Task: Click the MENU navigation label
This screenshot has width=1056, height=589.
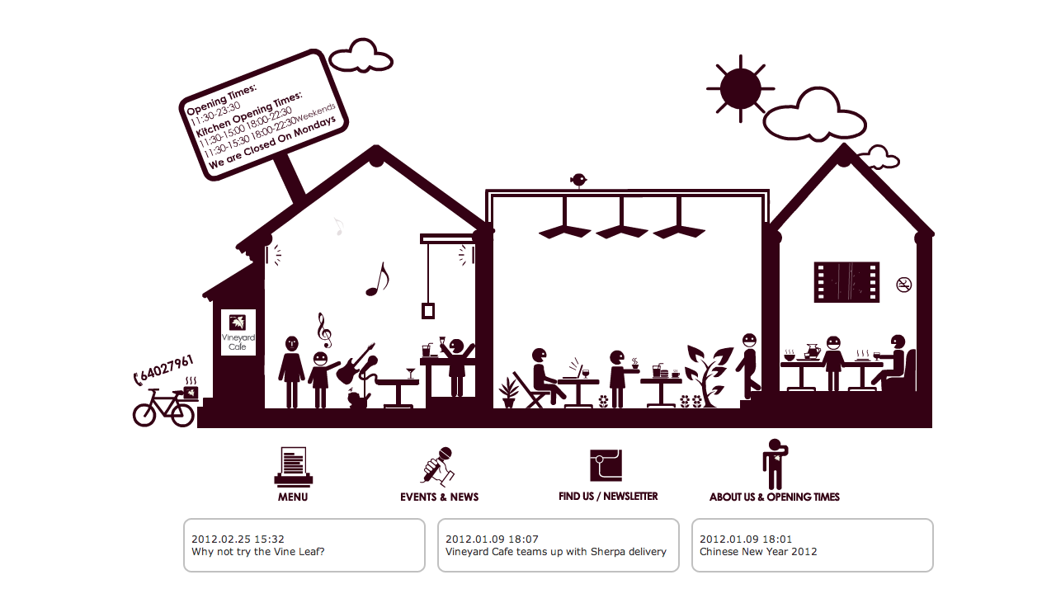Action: (x=293, y=497)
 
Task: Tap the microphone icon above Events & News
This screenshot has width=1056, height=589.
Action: (x=438, y=466)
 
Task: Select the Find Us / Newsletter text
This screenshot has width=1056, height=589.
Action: (x=608, y=496)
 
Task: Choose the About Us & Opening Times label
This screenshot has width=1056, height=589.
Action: (x=775, y=497)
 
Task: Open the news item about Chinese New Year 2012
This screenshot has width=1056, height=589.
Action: (x=758, y=551)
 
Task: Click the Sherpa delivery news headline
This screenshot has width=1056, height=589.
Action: (x=556, y=551)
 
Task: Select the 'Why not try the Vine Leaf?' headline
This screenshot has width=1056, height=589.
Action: (x=258, y=551)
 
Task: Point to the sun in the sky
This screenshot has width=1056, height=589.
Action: (x=740, y=88)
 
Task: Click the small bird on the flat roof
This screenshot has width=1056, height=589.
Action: (x=578, y=180)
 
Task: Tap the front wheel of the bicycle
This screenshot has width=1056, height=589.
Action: (x=144, y=415)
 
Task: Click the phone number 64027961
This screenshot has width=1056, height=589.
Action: (x=167, y=369)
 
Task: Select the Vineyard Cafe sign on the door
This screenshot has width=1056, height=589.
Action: (x=238, y=332)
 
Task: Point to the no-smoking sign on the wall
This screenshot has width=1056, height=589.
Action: (x=903, y=285)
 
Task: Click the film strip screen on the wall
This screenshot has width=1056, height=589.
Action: (x=846, y=282)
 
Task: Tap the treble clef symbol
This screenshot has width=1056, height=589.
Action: (x=324, y=330)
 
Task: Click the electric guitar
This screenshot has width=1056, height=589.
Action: (x=356, y=364)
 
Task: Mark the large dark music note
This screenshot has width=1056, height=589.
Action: (x=378, y=280)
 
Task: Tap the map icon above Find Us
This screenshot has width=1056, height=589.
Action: (x=606, y=465)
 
